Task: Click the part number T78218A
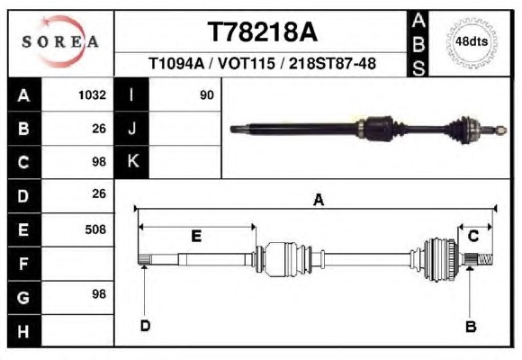point(262,32)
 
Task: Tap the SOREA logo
point(60,41)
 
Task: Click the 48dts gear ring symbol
point(472,42)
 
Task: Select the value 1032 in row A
point(92,95)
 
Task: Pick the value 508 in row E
point(95,229)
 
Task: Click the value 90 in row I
point(206,95)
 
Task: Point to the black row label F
point(24,264)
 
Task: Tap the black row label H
point(24,330)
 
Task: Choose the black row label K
point(131,161)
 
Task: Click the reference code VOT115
point(247,63)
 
